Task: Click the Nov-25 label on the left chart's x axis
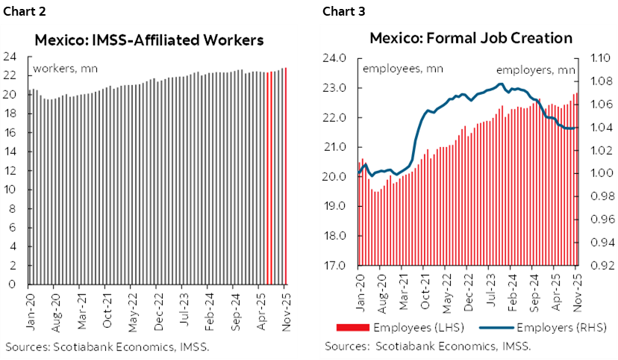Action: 285,308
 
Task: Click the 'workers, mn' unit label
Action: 66,69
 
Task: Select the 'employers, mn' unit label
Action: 536,69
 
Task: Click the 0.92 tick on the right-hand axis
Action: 604,266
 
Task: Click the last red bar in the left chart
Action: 286,176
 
